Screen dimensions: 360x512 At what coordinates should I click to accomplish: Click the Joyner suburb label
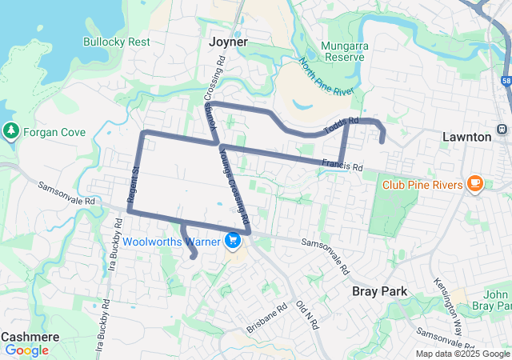pos(228,41)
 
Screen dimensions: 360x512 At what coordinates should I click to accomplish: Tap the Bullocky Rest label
pos(116,42)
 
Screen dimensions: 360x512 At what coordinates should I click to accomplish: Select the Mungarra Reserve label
pos(344,52)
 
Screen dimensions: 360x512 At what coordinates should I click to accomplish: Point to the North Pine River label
pos(326,77)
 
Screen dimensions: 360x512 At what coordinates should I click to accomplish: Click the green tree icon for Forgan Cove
pos(10,130)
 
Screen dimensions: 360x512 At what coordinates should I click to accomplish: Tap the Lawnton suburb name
pos(466,137)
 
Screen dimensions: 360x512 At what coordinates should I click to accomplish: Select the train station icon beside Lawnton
pos(502,130)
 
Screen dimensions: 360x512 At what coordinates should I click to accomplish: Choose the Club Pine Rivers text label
pos(422,185)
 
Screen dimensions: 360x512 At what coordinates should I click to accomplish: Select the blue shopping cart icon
pos(233,240)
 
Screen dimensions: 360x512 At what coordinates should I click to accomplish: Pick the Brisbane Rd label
pos(266,318)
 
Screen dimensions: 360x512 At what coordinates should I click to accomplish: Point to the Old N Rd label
pos(307,315)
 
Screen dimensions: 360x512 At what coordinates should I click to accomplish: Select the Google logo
pos(26,350)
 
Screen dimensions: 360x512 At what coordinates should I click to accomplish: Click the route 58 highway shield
pos(506,81)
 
